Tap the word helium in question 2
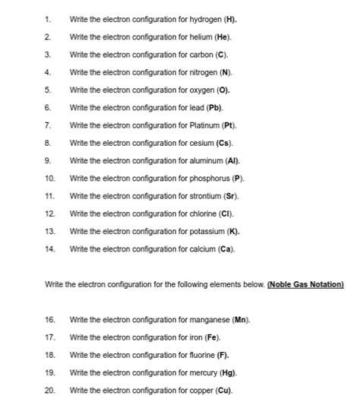click(x=199, y=36)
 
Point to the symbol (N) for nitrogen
click(x=226, y=72)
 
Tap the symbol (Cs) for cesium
click(x=224, y=142)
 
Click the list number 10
click(x=50, y=178)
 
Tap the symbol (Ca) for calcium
click(x=226, y=248)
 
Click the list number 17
click(x=50, y=337)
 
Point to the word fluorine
click(x=201, y=355)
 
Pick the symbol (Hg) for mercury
click(x=227, y=372)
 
